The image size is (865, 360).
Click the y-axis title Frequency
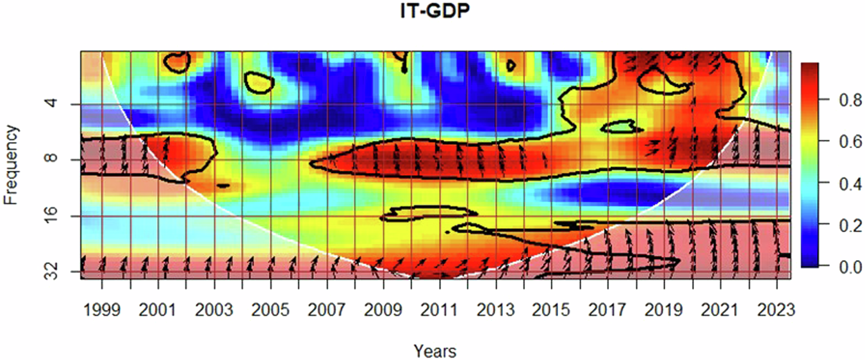(11, 165)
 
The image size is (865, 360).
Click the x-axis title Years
(435, 351)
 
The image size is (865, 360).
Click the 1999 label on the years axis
(102, 311)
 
